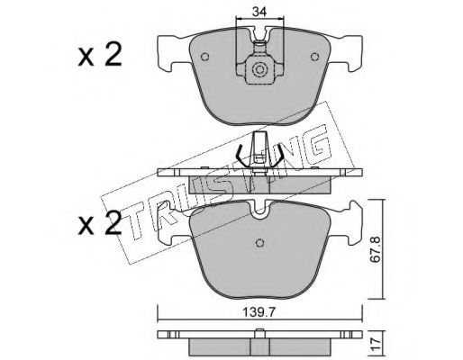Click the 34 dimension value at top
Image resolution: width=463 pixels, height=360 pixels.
point(259,12)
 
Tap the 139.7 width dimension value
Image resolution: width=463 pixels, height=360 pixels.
point(259,312)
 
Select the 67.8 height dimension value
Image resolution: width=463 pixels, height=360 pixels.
point(376,249)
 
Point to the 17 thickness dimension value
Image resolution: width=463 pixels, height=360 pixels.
point(376,344)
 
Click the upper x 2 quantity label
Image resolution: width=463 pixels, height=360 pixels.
point(100,55)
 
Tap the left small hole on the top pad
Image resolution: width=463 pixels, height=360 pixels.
point(204,57)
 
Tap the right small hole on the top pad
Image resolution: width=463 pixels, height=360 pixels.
point(314,57)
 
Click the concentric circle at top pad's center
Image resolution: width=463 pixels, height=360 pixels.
point(259,70)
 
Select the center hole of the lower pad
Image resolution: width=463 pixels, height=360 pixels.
point(260,243)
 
